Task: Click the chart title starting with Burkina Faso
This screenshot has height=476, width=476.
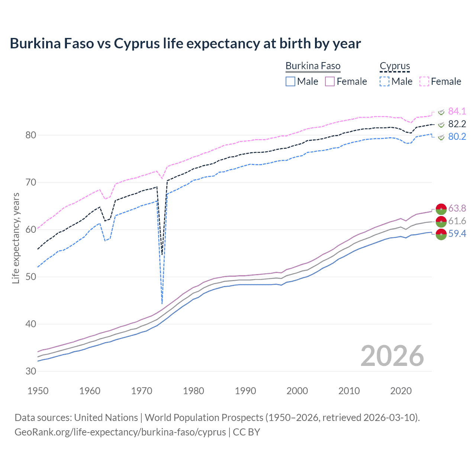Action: [185, 44]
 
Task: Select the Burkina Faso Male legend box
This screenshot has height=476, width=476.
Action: [290, 81]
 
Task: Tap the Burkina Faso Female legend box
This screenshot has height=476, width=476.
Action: [330, 81]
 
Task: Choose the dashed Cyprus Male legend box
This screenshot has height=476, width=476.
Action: [385, 81]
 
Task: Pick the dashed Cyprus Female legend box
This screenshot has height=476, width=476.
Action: [424, 81]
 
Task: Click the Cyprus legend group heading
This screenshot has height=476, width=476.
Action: [395, 66]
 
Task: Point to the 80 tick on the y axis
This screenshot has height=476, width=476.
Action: [31, 135]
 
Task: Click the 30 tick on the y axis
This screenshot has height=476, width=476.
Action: [31, 371]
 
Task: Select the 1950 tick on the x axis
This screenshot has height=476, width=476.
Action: [38, 391]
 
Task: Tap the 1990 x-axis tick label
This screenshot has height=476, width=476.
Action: [245, 391]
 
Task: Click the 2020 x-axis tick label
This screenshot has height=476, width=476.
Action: [401, 391]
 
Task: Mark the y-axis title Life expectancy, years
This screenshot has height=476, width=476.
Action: [16, 238]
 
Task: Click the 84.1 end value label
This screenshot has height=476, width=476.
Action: [457, 111]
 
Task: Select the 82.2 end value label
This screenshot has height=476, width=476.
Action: [457, 124]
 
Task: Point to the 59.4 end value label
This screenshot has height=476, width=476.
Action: [457, 234]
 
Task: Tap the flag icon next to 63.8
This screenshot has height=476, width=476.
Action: [441, 209]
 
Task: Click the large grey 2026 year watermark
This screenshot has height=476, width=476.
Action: [392, 356]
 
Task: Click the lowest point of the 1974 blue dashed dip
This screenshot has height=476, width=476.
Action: [162, 304]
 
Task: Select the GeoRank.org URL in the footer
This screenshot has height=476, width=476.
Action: [120, 432]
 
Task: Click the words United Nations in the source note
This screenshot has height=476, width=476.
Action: [106, 418]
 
